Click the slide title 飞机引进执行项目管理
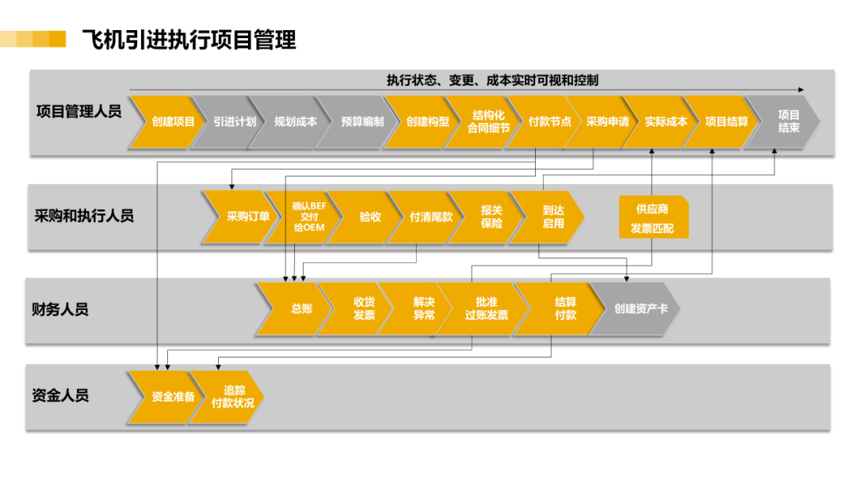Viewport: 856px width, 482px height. pyautogui.click(x=189, y=40)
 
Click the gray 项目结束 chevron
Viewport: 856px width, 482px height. pyautogui.click(x=785, y=122)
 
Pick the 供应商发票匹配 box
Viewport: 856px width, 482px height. pyautogui.click(x=653, y=217)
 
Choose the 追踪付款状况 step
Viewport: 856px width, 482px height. pyautogui.click(x=229, y=397)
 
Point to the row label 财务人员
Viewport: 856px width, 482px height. pyautogui.click(x=60, y=309)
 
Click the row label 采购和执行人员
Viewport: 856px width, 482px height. pyautogui.click(x=84, y=216)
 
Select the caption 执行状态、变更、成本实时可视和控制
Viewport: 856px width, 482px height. pyautogui.click(x=492, y=80)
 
